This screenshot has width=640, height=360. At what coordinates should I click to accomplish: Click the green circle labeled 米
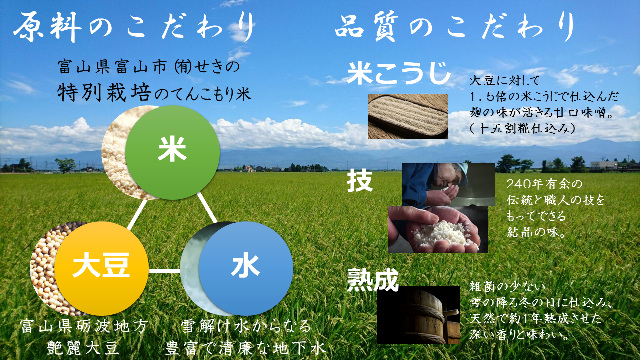(x=173, y=153)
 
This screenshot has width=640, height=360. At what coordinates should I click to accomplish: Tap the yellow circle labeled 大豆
(x=101, y=269)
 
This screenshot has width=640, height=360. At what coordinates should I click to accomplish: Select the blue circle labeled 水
(x=246, y=269)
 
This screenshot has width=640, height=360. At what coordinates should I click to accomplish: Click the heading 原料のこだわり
(x=134, y=27)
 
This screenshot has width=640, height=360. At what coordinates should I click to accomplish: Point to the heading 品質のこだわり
(x=455, y=27)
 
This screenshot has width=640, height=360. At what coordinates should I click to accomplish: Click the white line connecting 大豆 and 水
(x=164, y=270)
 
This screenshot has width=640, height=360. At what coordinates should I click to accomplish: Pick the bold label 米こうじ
(x=398, y=74)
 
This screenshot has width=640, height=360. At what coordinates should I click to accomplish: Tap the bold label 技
(x=360, y=181)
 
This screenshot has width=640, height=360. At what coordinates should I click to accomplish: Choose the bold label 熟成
(x=373, y=280)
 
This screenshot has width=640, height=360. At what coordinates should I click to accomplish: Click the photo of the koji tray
(x=408, y=116)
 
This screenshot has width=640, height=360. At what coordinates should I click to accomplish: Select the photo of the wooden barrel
(x=418, y=315)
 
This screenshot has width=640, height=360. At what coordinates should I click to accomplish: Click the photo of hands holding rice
(x=438, y=229)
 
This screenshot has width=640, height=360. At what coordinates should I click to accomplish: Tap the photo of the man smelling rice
(x=448, y=185)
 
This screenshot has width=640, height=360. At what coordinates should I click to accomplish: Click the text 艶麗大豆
(x=83, y=348)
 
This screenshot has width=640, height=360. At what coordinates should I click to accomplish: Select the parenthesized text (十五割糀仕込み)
(x=522, y=129)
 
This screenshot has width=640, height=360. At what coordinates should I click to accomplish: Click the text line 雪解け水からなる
(x=246, y=326)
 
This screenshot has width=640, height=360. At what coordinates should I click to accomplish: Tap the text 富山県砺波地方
(x=84, y=326)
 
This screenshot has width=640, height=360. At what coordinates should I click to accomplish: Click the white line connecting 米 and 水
(x=207, y=207)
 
